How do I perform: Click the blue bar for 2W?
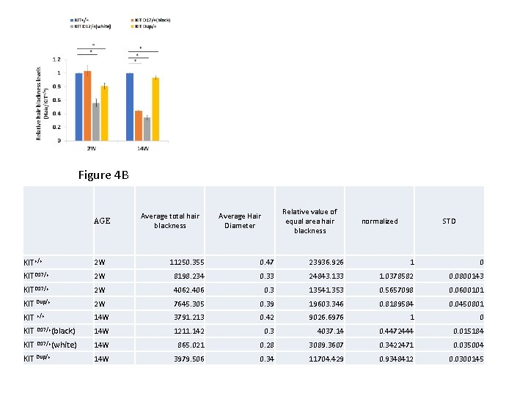point(78,107)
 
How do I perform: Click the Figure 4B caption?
point(103,175)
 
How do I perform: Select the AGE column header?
point(103,221)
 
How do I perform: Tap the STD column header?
point(449,221)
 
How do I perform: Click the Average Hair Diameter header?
point(240,221)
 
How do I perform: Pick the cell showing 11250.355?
point(187,262)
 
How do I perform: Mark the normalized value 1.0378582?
point(395,276)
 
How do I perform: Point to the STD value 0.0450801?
point(466,303)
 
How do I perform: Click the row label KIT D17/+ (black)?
point(50,331)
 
